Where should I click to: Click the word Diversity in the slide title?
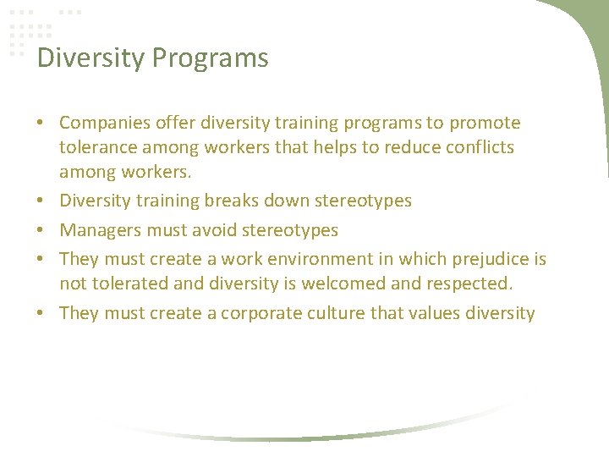tap(91, 58)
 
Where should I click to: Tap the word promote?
tap(485, 124)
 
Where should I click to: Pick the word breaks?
tap(231, 201)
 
